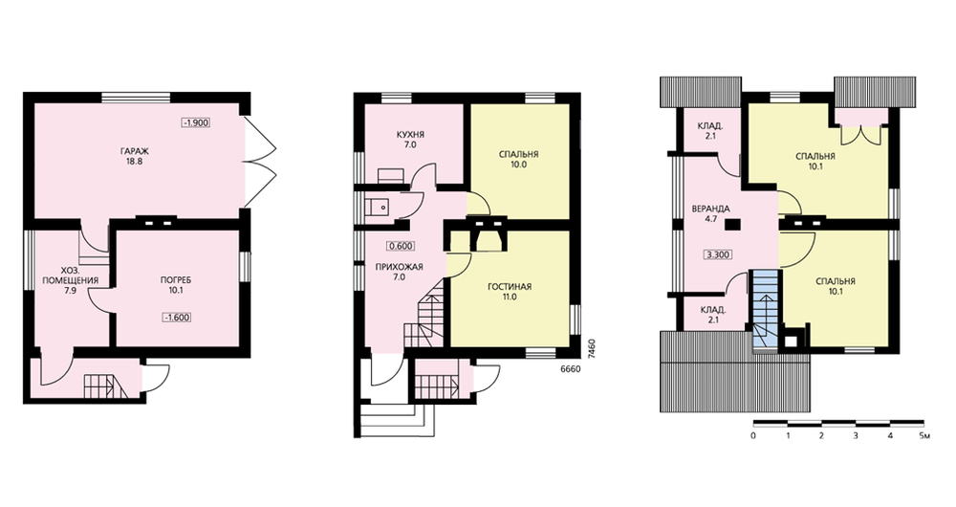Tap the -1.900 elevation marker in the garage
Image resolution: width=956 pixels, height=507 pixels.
196,122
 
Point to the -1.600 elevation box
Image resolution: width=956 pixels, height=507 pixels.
177,318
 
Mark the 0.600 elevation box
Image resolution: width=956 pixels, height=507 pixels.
401,247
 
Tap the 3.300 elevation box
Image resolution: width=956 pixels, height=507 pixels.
717,254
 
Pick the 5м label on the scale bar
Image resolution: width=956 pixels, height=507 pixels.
924,436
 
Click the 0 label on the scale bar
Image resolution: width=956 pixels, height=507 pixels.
753,436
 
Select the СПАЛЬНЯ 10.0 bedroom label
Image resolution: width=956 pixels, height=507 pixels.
518,159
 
